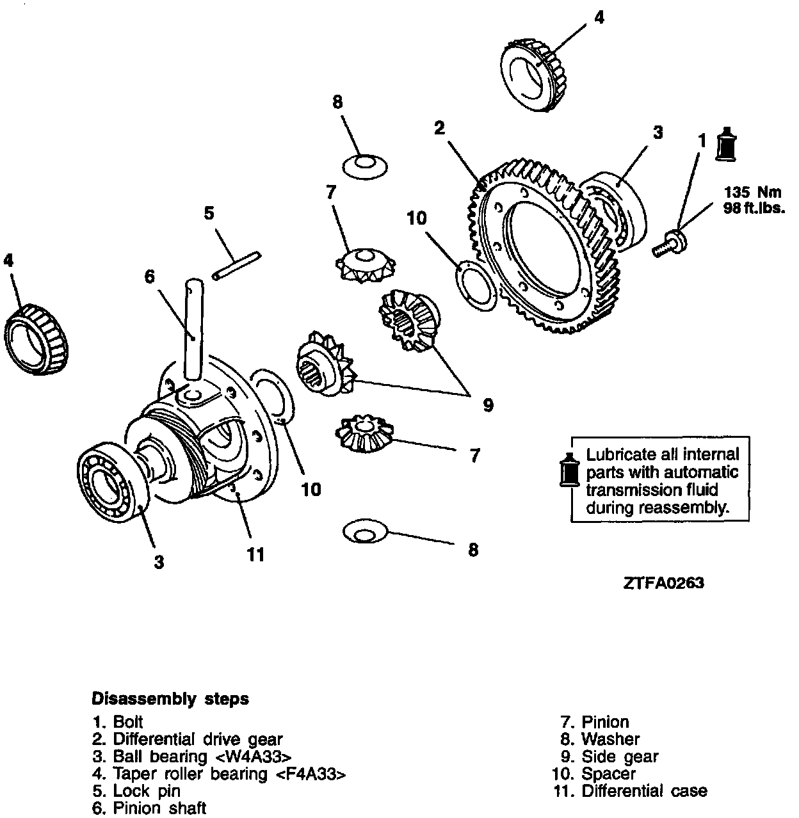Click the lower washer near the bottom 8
(x=366, y=532)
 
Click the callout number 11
(x=255, y=555)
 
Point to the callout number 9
(x=488, y=405)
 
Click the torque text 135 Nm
(x=753, y=192)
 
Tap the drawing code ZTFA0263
(x=663, y=583)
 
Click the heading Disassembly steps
(x=170, y=698)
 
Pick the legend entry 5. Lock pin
(x=136, y=791)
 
